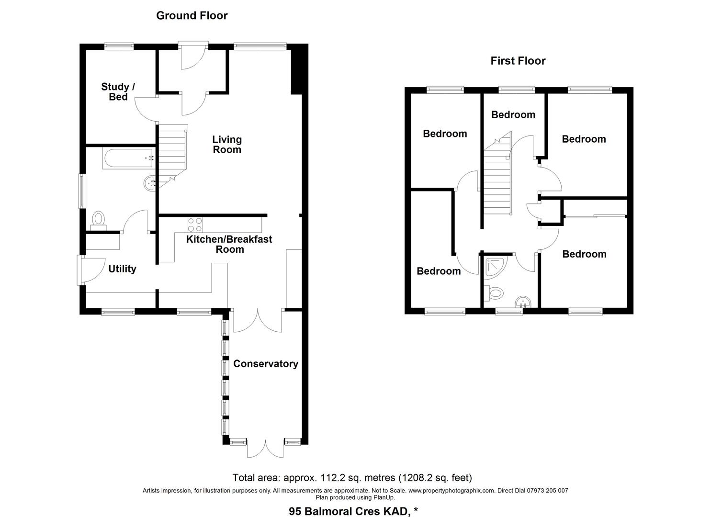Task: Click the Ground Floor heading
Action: [x=192, y=15]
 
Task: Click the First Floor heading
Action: [x=518, y=61]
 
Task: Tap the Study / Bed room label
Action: [x=118, y=92]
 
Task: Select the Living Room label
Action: [x=227, y=145]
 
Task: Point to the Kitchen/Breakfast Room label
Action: [x=229, y=244]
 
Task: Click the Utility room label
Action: [x=122, y=269]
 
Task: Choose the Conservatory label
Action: [x=265, y=364]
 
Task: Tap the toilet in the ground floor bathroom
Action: [x=99, y=220]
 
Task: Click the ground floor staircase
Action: [x=171, y=151]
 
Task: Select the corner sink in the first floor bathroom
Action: [x=523, y=301]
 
